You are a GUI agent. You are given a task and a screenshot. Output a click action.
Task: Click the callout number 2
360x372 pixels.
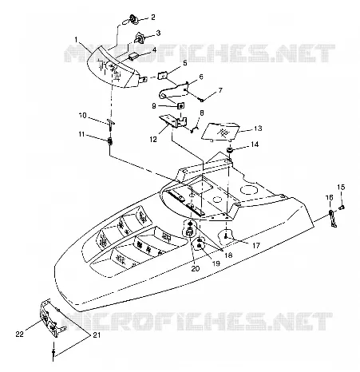coord(152,18)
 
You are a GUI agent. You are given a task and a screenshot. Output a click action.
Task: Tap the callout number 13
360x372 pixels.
coord(258,129)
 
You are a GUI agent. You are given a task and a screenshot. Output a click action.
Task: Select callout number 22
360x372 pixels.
coord(20,334)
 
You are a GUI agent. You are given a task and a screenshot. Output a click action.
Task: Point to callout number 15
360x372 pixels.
coord(341,187)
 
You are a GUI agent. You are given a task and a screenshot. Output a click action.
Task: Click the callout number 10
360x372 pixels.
coord(83,116)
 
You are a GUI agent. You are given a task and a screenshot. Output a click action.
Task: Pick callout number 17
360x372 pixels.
coord(256,245)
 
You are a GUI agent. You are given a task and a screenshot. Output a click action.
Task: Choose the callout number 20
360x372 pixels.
coord(196,269)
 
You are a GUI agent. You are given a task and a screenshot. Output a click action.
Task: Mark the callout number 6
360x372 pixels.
coord(201,77)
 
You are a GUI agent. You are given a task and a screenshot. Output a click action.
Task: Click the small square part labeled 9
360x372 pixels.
coord(180,106)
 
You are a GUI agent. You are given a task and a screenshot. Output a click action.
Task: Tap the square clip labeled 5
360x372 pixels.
coord(162,75)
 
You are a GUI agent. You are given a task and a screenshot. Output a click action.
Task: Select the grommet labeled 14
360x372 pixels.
coord(230,150)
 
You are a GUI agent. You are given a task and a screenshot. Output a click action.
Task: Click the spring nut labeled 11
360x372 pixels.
coord(109,140)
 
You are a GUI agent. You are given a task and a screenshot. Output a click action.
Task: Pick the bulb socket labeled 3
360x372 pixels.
coord(140,38)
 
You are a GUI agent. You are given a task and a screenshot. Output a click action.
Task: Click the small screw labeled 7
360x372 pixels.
coord(202,101)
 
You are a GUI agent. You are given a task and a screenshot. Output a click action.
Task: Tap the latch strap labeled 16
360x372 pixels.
coord(332,218)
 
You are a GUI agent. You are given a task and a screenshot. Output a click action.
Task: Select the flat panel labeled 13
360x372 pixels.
coord(220,131)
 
